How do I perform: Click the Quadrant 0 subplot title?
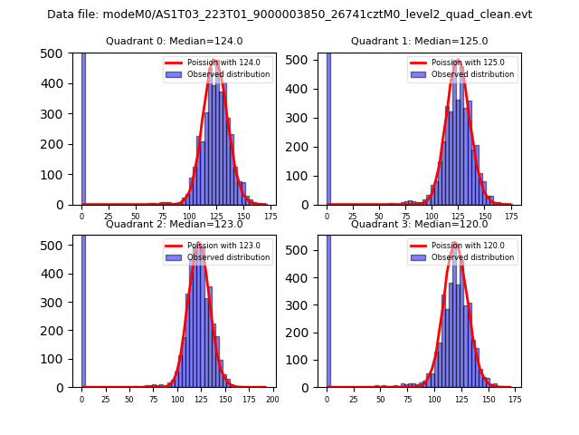pos(174,41)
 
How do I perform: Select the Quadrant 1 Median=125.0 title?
pos(419,41)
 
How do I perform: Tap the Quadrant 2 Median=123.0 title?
pos(174,224)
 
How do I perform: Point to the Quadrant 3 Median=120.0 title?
pos(419,224)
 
